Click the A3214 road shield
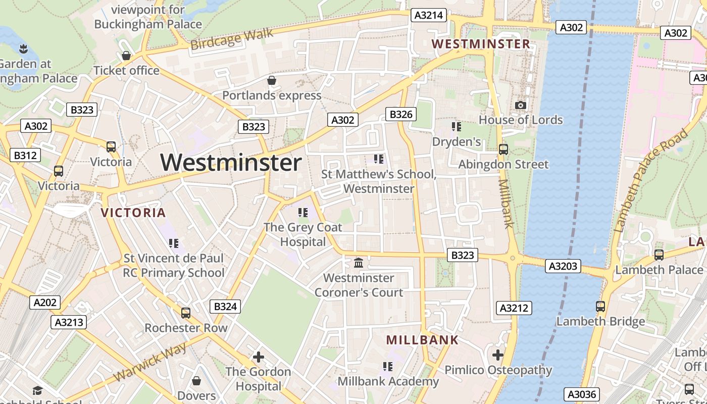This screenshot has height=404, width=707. point(428,15)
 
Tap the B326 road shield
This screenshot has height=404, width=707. point(401,114)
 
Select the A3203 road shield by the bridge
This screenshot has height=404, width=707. point(563,266)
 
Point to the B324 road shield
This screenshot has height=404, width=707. point(225,306)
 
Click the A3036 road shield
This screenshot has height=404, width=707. point(582,394)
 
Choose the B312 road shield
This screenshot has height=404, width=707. point(24,155)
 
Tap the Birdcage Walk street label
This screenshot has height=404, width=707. point(232,39)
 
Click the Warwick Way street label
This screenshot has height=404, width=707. point(150,362)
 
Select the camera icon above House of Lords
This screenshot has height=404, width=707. point(521,105)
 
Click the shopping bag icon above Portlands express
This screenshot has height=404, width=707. point(272,80)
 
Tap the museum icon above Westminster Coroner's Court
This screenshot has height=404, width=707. point(359,263)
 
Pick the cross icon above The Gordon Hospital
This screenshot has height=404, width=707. point(259,357)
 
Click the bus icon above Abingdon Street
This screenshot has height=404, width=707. point(503,149)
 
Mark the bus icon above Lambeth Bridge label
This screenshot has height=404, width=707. point(600,306)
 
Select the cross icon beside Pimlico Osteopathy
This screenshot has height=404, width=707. point(498,355)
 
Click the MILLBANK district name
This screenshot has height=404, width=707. point(422,340)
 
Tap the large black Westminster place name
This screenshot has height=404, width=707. point(231,163)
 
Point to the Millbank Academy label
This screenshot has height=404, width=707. point(388,381)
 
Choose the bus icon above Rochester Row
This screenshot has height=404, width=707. point(186,313)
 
